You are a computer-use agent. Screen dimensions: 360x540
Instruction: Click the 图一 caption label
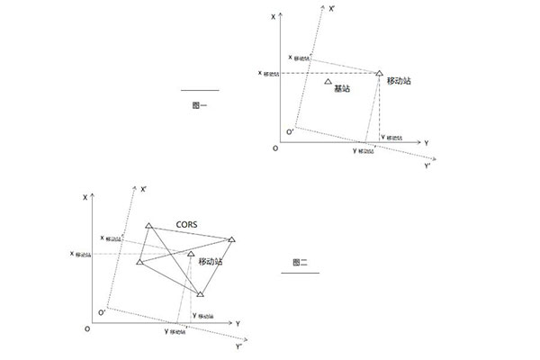pos(200,105)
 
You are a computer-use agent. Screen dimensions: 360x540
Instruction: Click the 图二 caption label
pos(301,262)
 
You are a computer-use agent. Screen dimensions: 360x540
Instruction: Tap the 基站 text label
pos(342,88)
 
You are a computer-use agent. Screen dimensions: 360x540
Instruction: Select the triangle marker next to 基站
pos(328,82)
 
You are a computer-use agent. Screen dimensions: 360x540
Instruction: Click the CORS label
pos(186,223)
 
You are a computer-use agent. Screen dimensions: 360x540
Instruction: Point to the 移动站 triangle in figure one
pos(379,72)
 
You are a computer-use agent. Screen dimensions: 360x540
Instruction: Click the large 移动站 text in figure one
pos(399,81)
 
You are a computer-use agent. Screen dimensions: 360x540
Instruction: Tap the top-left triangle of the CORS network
pos(148,225)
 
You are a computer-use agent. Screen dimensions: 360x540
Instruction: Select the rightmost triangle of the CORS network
pos(231,239)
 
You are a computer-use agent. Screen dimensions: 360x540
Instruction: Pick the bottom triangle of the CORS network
pos(200,293)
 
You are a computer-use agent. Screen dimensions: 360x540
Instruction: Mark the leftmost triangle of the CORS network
pos(139,262)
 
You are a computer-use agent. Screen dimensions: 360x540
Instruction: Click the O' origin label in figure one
pos(289,132)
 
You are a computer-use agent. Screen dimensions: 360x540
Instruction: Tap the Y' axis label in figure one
pos(428,166)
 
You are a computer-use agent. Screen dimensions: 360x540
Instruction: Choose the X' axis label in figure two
pos(144,189)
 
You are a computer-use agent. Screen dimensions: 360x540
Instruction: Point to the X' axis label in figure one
pos(333,8)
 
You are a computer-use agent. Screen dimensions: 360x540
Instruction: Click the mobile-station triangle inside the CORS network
pos(191,254)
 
